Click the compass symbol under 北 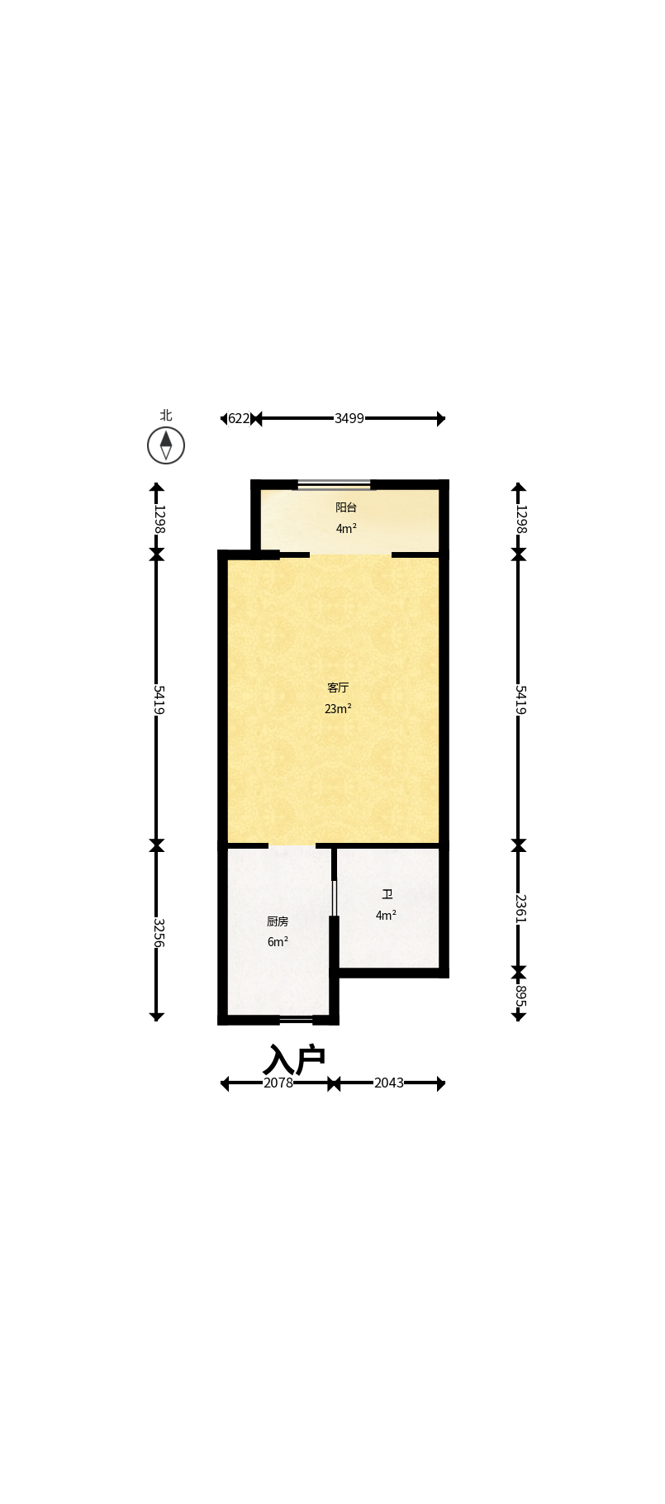(x=166, y=445)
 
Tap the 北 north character (x=166, y=415)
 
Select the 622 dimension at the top (x=239, y=419)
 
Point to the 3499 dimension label (x=349, y=419)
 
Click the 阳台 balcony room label (x=346, y=507)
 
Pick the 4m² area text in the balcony (x=346, y=528)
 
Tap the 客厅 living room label (x=338, y=688)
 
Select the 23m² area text (x=338, y=708)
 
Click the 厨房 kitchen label (x=278, y=921)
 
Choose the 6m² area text (x=278, y=942)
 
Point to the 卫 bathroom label (x=387, y=894)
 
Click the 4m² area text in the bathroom (x=386, y=915)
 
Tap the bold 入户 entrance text (x=295, y=1059)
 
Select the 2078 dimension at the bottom (x=278, y=1083)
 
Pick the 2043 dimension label (x=389, y=1083)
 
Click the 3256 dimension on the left (x=158, y=933)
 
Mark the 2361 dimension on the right (x=520, y=908)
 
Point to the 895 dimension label (x=520, y=997)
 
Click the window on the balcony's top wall (x=334, y=485)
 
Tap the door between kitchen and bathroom (x=334, y=897)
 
